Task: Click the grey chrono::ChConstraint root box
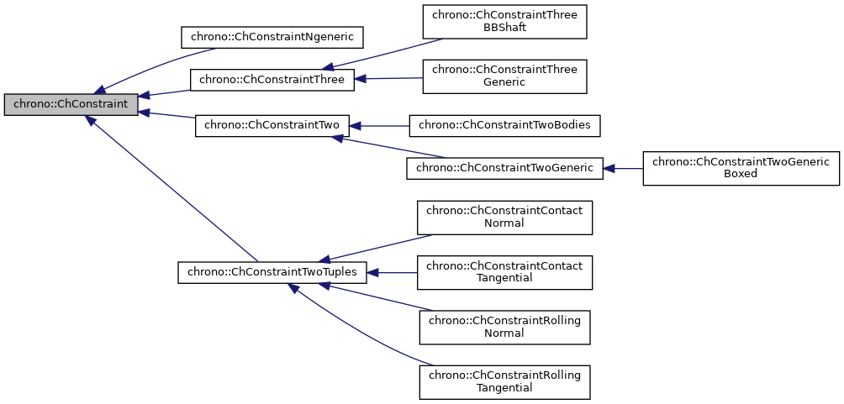click(x=71, y=104)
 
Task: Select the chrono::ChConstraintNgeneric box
click(x=272, y=37)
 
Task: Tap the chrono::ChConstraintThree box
click(x=272, y=81)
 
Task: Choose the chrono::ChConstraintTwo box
click(x=272, y=126)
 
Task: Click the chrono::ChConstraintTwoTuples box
click(x=272, y=272)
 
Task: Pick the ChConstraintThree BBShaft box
click(x=504, y=22)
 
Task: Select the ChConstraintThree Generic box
click(x=504, y=76)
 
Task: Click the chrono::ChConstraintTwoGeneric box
click(x=504, y=168)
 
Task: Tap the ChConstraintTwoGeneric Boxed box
click(x=741, y=168)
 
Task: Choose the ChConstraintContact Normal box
click(x=504, y=218)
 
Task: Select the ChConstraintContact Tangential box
click(x=504, y=272)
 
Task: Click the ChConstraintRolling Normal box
click(x=504, y=327)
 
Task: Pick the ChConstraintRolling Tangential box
click(x=504, y=381)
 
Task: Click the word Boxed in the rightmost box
click(x=741, y=174)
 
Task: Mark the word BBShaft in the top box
click(x=504, y=28)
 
